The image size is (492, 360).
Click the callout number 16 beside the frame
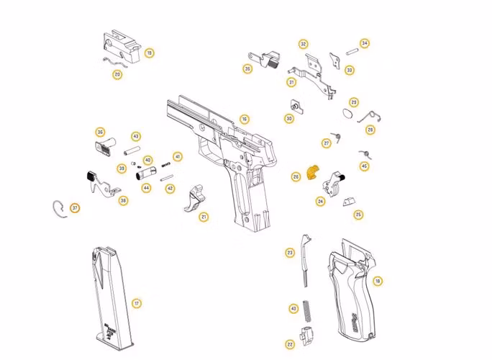[x=245, y=119]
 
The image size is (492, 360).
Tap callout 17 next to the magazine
[x=137, y=303]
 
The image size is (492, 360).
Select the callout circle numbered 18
[x=378, y=281]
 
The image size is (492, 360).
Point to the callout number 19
[x=149, y=53]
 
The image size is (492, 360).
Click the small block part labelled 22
[x=304, y=335]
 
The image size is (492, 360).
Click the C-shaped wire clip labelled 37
[x=60, y=207]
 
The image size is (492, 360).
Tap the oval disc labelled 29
[x=347, y=114]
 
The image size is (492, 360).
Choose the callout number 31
[x=291, y=82]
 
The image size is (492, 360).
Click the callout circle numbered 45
[x=364, y=166]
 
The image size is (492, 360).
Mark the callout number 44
[x=146, y=188]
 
